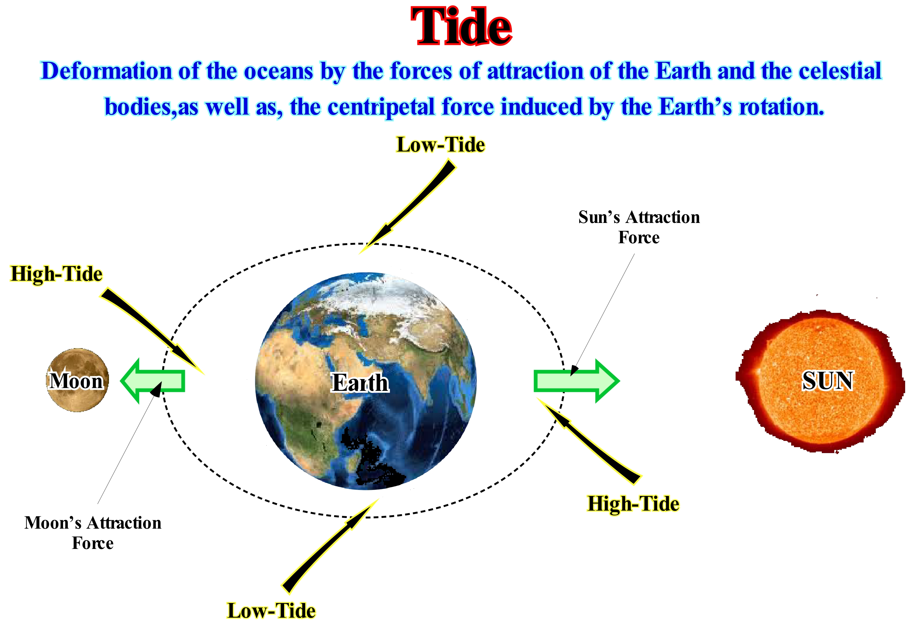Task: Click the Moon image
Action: point(78,380)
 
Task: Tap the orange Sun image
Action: point(821,381)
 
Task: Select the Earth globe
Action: point(366,381)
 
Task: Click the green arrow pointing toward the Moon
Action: point(153,381)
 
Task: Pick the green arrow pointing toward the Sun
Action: point(576,381)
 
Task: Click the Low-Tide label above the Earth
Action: point(440,145)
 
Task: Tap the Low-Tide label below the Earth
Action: point(271,610)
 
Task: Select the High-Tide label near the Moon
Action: point(56,274)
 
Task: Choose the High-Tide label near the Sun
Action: point(633,504)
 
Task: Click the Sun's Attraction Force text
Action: point(639,227)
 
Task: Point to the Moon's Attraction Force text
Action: point(93,533)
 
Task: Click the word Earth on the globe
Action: point(360,383)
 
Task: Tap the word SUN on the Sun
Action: point(828,381)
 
